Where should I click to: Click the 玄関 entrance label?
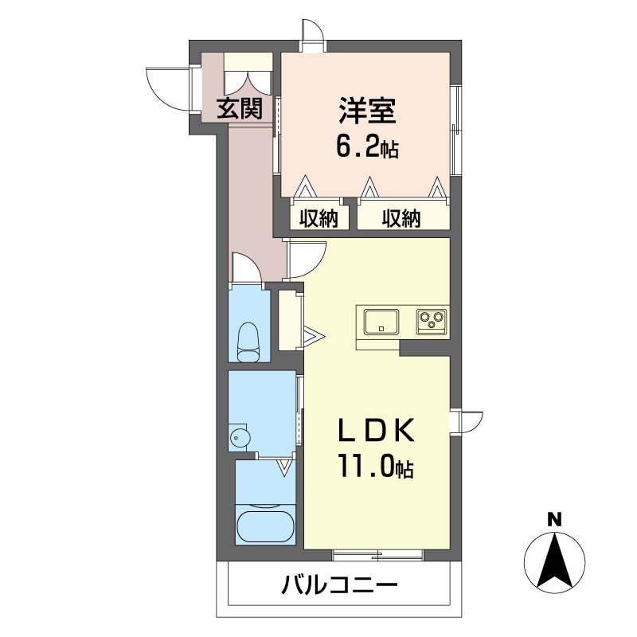click(x=240, y=108)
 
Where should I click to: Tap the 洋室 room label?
click(x=368, y=111)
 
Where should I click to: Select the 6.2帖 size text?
click(x=367, y=147)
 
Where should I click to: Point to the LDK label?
click(x=376, y=430)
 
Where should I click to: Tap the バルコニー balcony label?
click(x=340, y=585)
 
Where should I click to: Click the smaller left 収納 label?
click(x=319, y=218)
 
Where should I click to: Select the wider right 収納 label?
click(x=401, y=218)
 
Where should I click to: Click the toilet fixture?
click(x=248, y=342)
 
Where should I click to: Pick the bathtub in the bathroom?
click(x=265, y=526)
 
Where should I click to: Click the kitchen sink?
click(x=381, y=322)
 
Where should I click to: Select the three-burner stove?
click(x=432, y=322)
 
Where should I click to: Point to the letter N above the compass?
click(x=554, y=519)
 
